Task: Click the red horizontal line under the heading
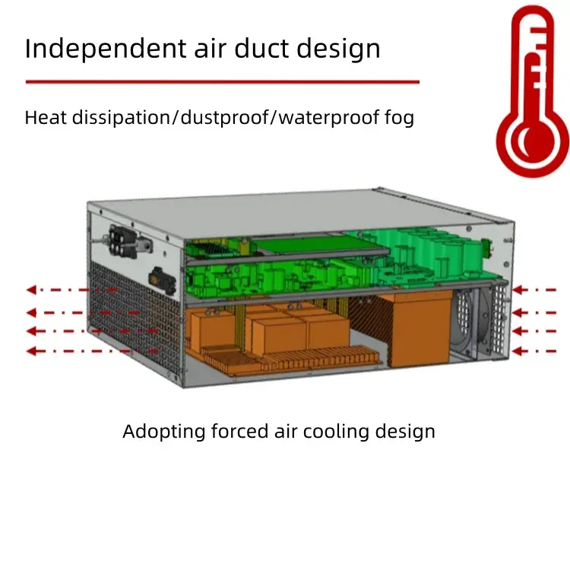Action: tap(222, 81)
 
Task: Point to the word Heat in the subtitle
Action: tap(44, 118)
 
